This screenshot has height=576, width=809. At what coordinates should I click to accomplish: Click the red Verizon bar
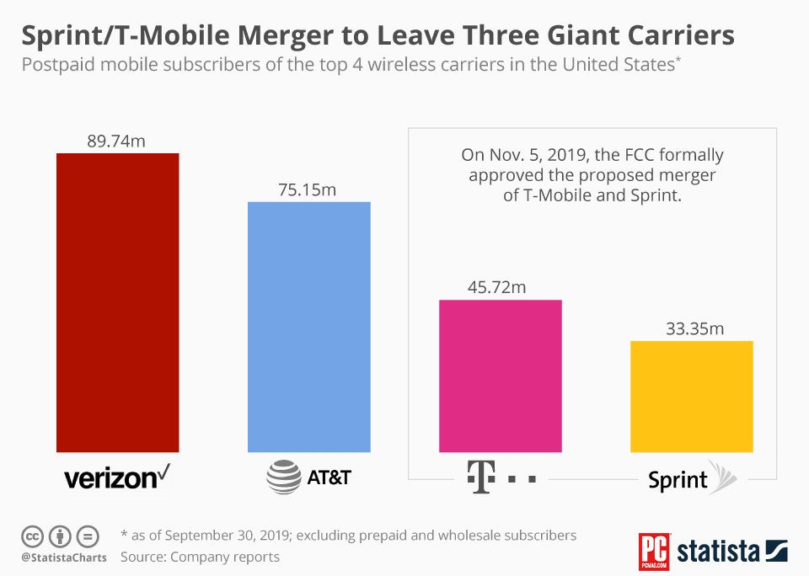(x=117, y=303)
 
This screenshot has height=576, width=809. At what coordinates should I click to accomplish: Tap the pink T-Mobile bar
(x=500, y=376)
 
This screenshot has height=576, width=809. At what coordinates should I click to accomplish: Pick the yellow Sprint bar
(x=691, y=396)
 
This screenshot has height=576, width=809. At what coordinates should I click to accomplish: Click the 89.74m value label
(x=116, y=141)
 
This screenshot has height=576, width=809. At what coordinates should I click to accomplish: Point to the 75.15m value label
(x=308, y=189)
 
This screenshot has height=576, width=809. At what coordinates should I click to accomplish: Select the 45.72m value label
(x=497, y=287)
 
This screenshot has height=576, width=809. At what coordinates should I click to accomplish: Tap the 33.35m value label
(x=695, y=328)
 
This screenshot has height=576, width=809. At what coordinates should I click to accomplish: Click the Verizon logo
(x=117, y=477)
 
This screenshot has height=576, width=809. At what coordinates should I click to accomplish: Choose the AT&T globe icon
(x=283, y=477)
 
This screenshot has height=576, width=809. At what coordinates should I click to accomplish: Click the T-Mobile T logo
(x=478, y=477)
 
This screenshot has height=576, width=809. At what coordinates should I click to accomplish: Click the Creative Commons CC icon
(x=31, y=536)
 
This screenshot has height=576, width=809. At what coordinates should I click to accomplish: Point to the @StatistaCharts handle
(x=64, y=557)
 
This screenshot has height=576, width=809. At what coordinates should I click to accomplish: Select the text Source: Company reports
(x=200, y=557)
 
